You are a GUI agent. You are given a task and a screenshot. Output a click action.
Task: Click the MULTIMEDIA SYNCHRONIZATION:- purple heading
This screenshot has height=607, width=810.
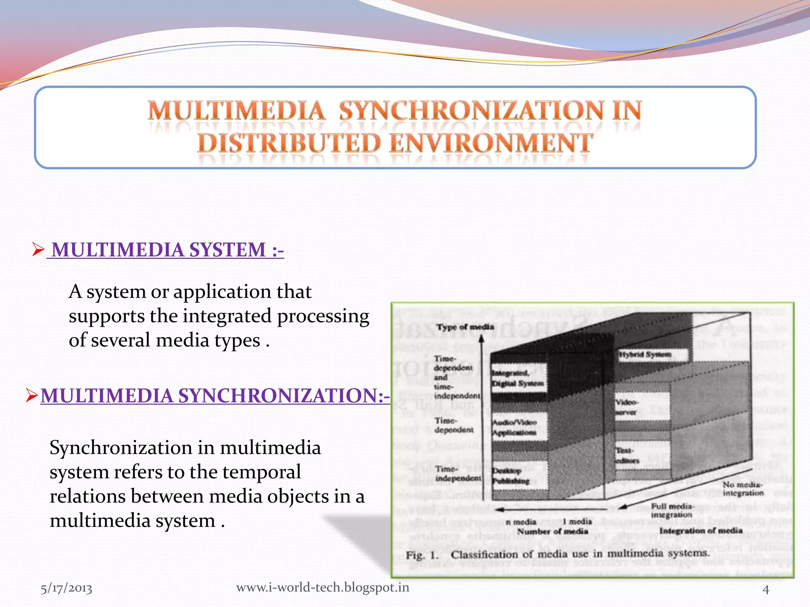215,396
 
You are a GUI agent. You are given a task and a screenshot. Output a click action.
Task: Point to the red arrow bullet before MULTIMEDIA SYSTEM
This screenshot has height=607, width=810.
38,249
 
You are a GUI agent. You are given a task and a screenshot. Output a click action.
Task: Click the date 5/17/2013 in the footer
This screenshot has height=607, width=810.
66,588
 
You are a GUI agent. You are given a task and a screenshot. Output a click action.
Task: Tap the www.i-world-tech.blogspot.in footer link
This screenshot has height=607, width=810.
322,588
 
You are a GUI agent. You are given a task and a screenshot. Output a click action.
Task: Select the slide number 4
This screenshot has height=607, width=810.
766,589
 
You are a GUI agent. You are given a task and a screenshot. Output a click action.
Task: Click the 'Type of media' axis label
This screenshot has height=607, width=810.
465,327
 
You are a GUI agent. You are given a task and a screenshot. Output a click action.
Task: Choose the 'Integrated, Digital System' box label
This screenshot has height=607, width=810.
517,378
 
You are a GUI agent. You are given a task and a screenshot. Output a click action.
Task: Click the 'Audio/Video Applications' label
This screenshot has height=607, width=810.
514,427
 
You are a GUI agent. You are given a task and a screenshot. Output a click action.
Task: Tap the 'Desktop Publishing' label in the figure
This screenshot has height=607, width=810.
511,476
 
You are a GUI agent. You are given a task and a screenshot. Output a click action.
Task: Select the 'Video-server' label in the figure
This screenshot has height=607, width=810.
626,407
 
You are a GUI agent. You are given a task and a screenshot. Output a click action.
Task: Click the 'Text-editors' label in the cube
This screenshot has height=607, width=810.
627,455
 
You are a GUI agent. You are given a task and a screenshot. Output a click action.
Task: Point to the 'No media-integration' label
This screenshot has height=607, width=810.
743,489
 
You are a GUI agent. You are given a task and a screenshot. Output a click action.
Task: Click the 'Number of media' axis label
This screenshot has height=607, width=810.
553,532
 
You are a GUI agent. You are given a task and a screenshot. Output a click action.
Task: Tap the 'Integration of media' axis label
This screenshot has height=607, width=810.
700,531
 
